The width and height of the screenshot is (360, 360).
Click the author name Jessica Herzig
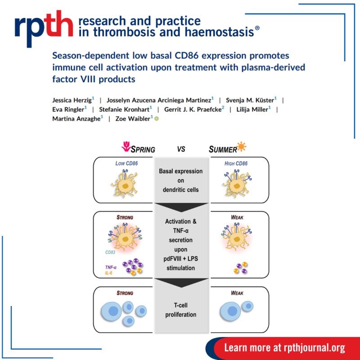pos(71,99)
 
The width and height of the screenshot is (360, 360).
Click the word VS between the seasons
pos(181,149)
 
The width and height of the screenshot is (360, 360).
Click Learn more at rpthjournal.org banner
pos(284,347)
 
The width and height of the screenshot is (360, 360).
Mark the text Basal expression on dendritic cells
pos(181,180)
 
